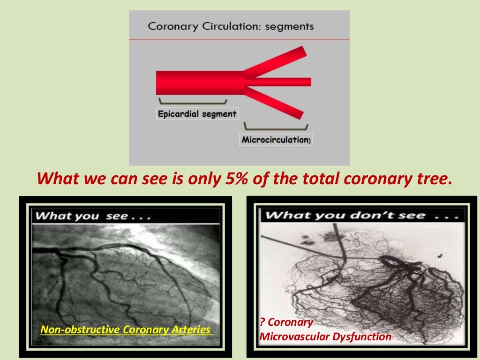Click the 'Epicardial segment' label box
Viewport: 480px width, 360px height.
(197, 113)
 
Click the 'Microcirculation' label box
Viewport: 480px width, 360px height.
(276, 140)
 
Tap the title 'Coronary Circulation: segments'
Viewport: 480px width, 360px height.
(231, 26)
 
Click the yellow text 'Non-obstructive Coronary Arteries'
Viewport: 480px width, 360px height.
(126, 330)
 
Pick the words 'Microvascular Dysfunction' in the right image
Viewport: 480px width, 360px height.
(325, 336)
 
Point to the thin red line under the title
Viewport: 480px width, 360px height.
(239, 40)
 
